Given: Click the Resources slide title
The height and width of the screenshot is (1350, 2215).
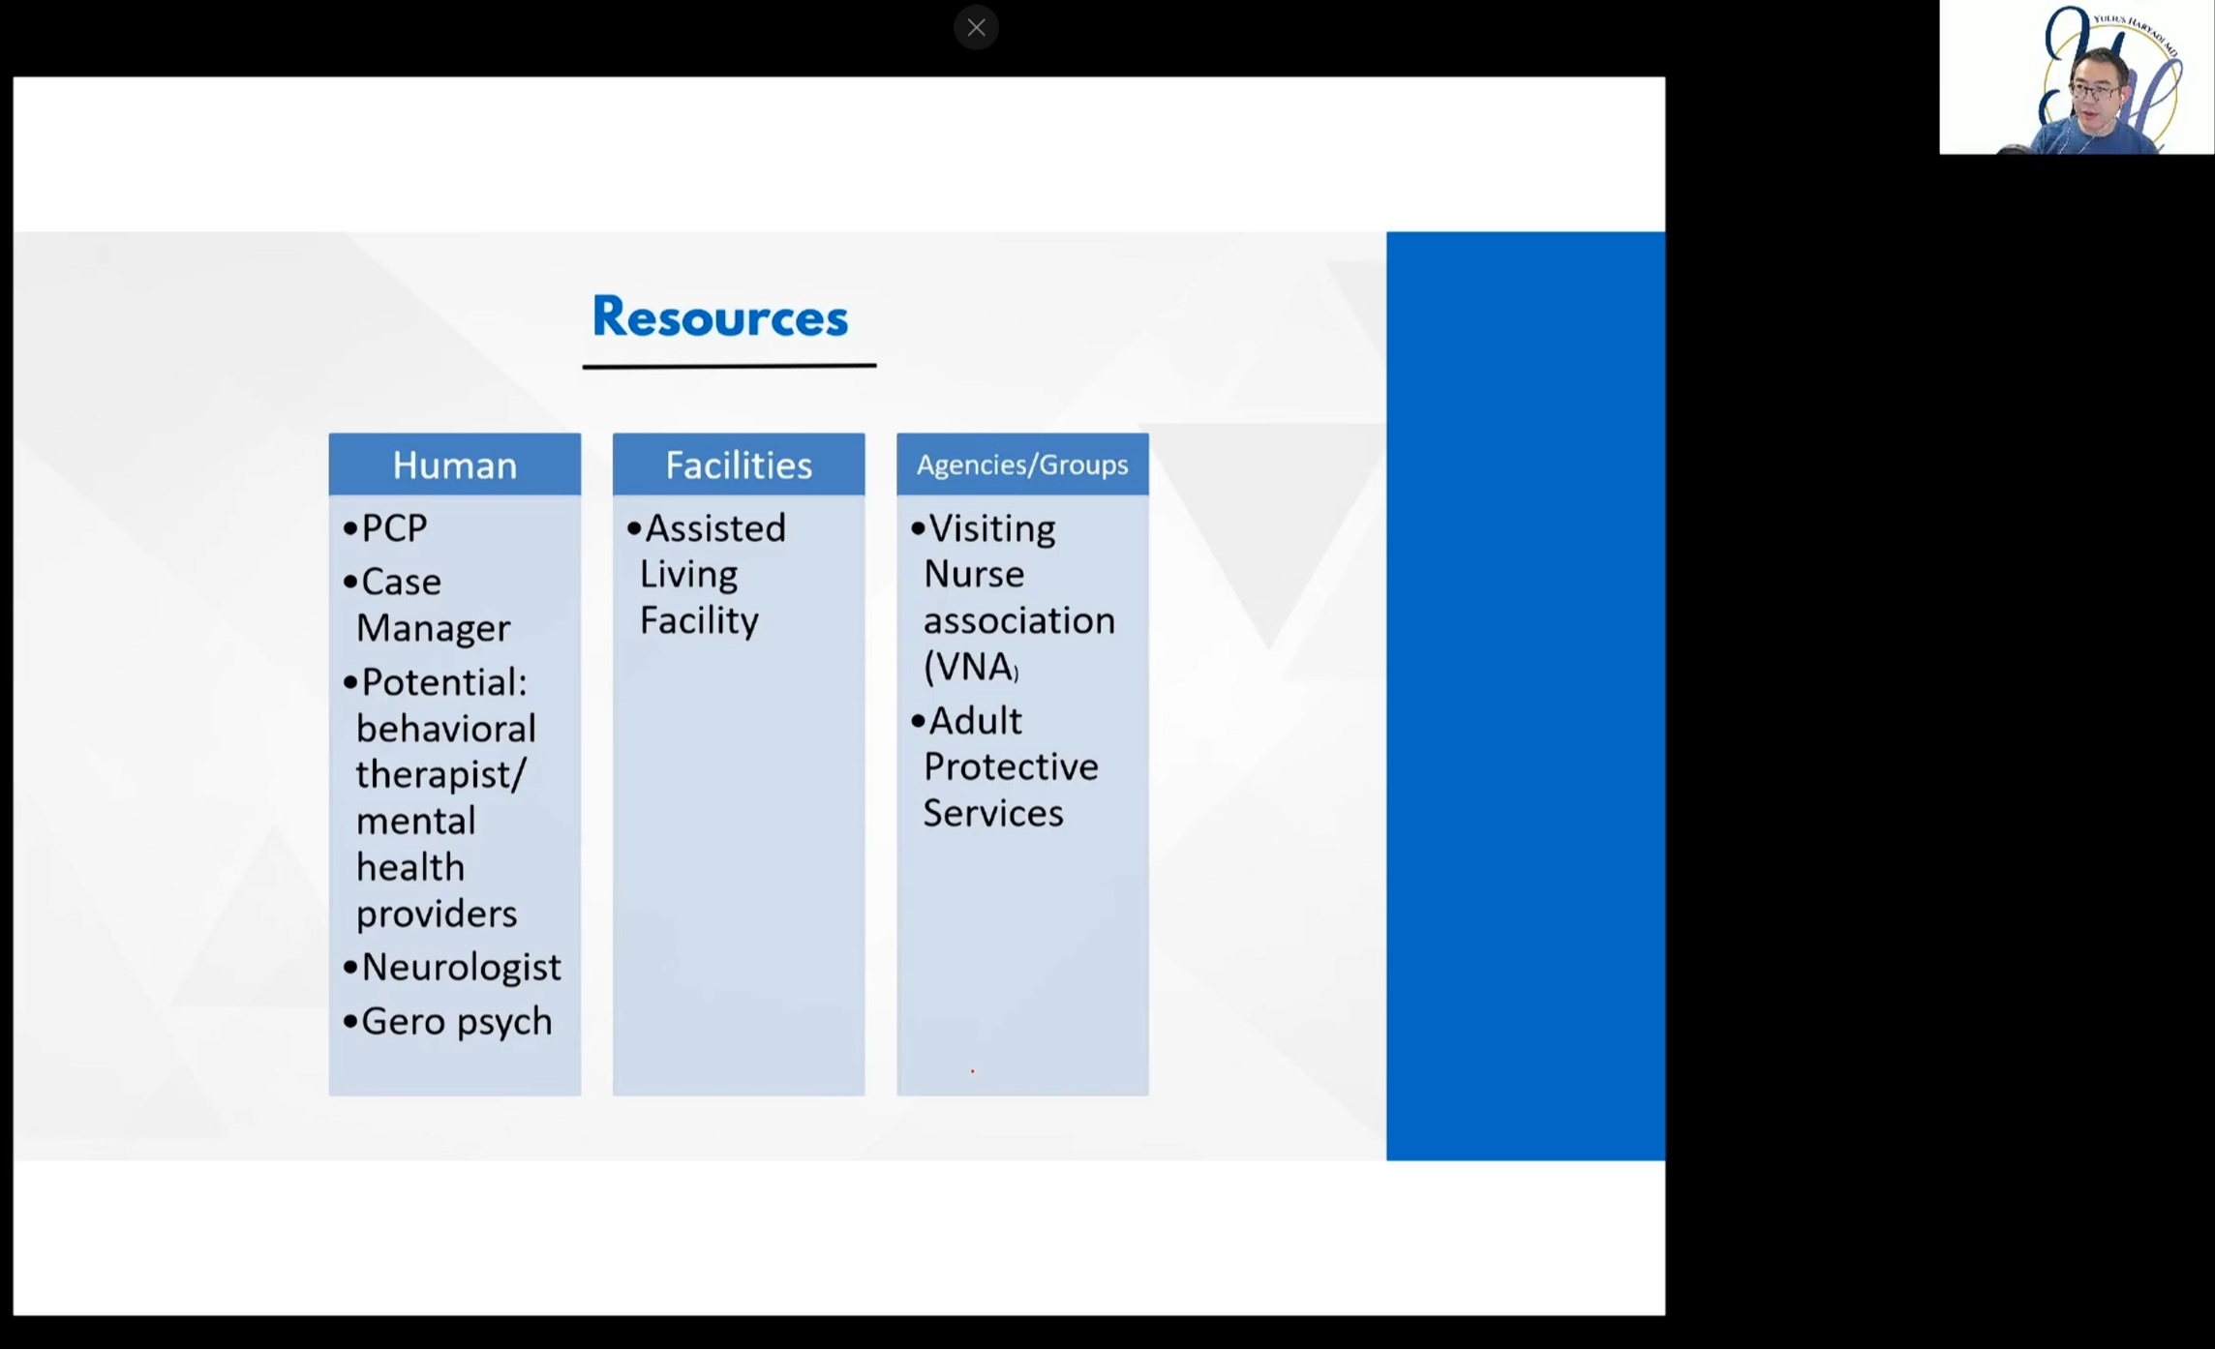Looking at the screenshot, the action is pos(719,316).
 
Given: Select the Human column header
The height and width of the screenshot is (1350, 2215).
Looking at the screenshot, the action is pos(454,465).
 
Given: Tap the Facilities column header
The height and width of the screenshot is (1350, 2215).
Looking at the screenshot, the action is pos(739,465).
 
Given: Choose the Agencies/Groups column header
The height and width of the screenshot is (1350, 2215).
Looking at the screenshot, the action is pos(1022,465).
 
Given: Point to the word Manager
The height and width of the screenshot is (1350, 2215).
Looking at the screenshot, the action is pos(433,628).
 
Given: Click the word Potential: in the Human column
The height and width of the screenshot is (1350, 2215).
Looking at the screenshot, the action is pos(444,682).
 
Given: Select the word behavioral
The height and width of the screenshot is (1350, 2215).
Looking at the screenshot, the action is pos(445,728).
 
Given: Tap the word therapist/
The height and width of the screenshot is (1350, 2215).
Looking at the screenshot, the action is pos(440,774).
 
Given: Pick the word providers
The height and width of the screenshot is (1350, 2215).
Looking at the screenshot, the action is pos(437,914).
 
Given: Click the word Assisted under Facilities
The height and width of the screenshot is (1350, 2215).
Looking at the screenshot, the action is pos(715,528).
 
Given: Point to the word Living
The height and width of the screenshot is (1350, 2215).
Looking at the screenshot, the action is pos(688,575).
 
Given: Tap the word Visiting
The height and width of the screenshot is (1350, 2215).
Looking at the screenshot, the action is pos(992,529).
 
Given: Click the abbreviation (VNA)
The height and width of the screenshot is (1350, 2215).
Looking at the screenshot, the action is pos(971,667).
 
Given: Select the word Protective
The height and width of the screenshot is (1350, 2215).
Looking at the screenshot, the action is pos(1011,766).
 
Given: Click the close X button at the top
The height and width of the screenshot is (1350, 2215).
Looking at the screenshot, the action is pos(976,28).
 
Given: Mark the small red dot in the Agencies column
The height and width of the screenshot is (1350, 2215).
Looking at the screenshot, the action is pos(972,1071).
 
